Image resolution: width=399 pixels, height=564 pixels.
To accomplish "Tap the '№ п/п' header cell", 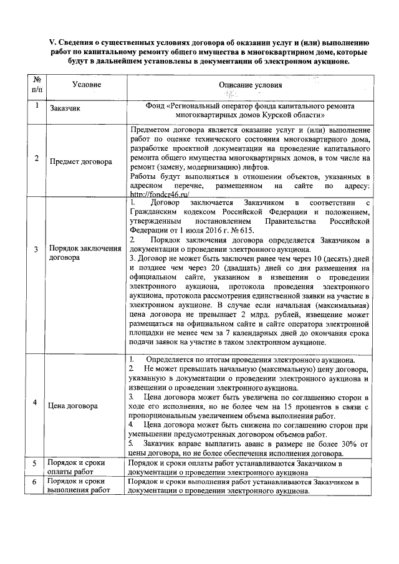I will [x=37, y=84].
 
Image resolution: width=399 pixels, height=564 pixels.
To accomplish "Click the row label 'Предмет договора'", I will [x=81, y=161].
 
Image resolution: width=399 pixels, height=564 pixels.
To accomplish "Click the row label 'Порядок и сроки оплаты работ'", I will [x=75, y=467].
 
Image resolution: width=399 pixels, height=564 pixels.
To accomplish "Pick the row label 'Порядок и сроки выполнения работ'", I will [x=79, y=486].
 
